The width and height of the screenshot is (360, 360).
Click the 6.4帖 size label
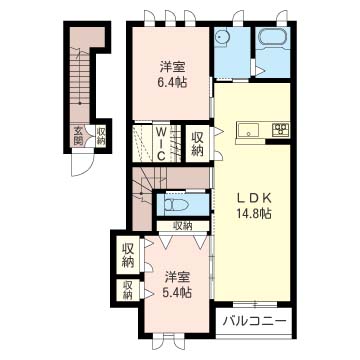(170, 84)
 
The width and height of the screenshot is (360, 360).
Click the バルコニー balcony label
(255, 323)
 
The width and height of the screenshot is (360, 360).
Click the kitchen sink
(248, 129)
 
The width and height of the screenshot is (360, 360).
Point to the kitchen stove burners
(281, 129)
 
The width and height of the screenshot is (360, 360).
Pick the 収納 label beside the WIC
(198, 144)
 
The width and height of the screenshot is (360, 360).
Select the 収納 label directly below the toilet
(182, 226)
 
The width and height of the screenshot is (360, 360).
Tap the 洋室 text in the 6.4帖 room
(170, 68)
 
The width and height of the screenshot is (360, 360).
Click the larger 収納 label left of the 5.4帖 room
(128, 254)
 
